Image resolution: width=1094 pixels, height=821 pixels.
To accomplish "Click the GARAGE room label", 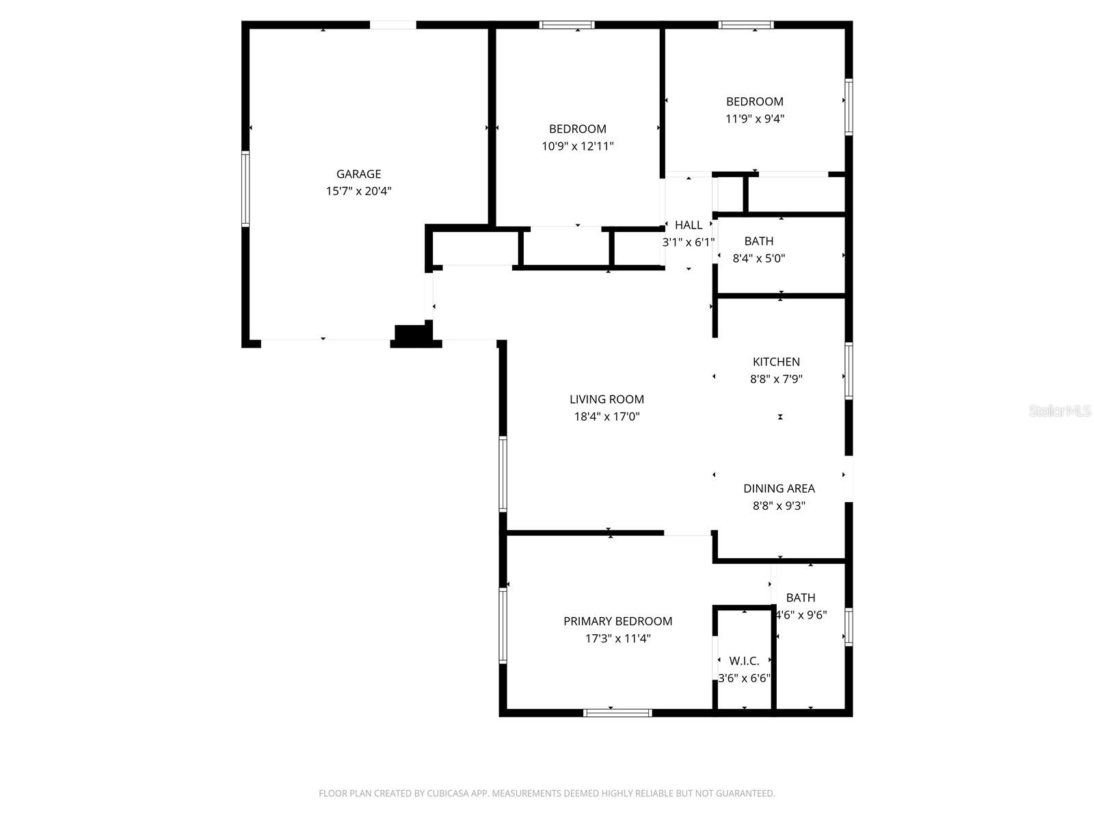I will (x=358, y=174).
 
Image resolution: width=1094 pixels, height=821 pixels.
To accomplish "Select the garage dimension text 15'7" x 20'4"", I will (x=358, y=192).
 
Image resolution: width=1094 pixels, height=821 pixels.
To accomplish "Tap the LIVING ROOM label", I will (x=606, y=399).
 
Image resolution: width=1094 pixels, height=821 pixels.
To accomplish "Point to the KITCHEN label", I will (x=776, y=361).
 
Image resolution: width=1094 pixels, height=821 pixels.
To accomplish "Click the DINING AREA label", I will (x=779, y=488).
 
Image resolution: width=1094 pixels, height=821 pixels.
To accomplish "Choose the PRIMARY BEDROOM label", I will (x=617, y=621).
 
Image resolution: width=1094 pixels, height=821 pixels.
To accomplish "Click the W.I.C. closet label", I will (x=744, y=661).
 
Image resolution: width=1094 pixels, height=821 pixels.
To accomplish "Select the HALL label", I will (x=688, y=225).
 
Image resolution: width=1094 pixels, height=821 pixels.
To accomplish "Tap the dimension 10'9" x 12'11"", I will (x=578, y=146).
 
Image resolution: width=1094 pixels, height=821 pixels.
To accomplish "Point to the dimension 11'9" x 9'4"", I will (x=754, y=118).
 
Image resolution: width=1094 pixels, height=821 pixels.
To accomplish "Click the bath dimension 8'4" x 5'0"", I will (x=758, y=259).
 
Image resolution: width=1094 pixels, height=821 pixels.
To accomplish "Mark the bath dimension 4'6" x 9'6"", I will (x=801, y=614).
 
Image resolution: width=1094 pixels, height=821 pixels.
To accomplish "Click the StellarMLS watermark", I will (x=1060, y=411).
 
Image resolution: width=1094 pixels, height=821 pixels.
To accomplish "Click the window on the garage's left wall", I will (x=245, y=189).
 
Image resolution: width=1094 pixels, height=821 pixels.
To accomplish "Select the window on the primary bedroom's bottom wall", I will (x=617, y=713).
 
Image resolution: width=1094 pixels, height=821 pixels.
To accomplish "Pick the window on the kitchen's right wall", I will (x=849, y=371).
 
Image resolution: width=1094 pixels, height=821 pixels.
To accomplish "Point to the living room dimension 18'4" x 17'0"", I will (x=606, y=417).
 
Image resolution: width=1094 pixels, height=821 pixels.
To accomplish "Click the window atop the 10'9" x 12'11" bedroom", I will (x=567, y=25).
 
